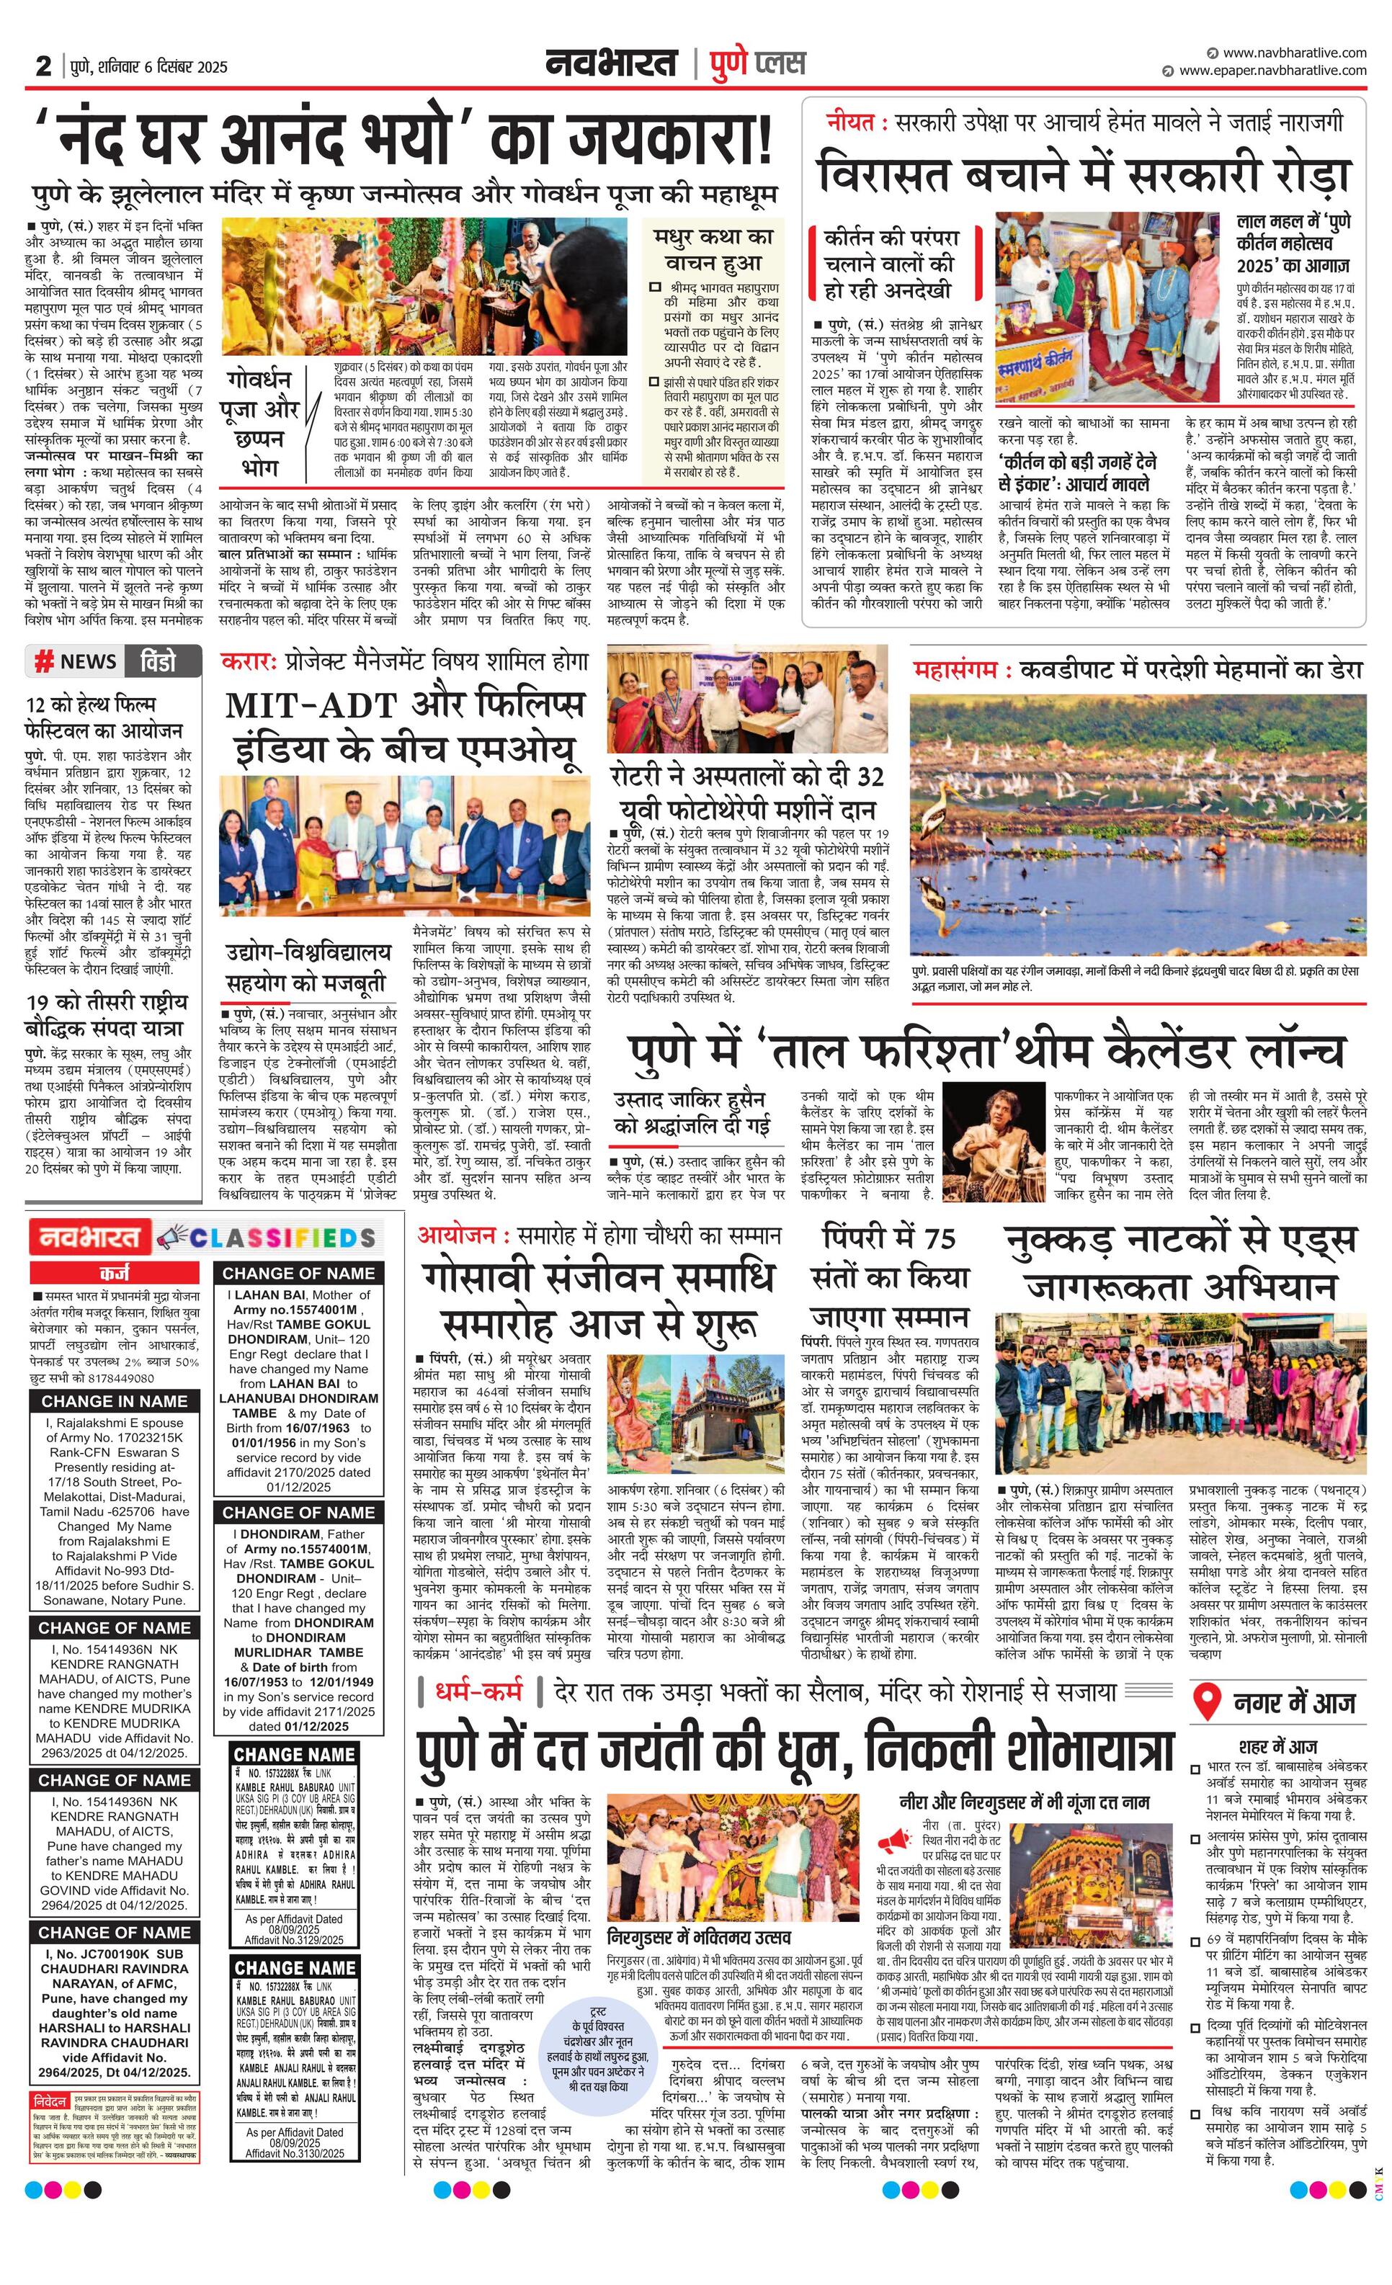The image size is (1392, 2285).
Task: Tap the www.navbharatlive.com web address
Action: [1294, 53]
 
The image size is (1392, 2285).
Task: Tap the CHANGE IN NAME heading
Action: [114, 1401]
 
